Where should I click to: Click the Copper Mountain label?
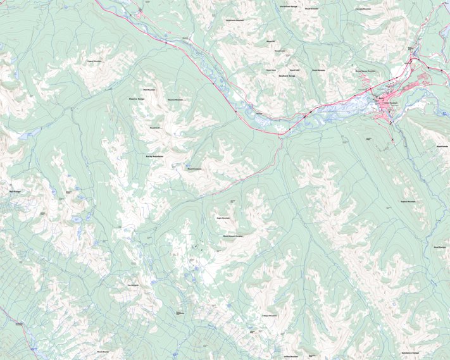pyautogui.click(x=94, y=61)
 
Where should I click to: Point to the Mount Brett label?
pyautogui.click(x=154, y=128)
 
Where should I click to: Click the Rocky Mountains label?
pyautogui.click(x=154, y=156)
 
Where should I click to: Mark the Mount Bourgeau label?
pyautogui.click(x=194, y=169)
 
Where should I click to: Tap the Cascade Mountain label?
pyautogui.click(x=363, y=9)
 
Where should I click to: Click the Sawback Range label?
pyautogui.click(x=287, y=75)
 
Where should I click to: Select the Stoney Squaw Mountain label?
pyautogui.click(x=365, y=71)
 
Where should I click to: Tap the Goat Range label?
pyautogui.click(x=439, y=247)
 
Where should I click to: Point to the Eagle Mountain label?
pyautogui.click(x=223, y=218)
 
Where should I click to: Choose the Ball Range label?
pyautogui.click(x=15, y=191)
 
